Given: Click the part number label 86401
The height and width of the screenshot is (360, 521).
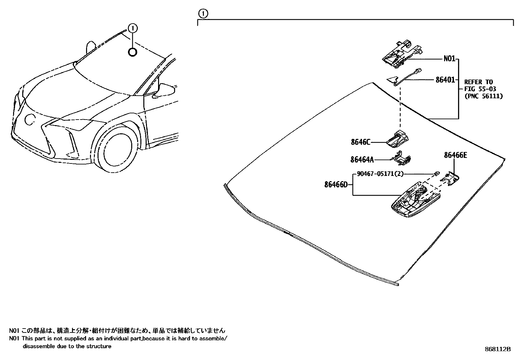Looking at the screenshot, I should [445, 80].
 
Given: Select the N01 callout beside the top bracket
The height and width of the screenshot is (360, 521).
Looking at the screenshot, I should [449, 59].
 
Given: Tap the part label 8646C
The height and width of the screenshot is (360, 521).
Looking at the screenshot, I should [361, 142].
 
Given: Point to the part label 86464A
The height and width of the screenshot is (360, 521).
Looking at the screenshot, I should [362, 160].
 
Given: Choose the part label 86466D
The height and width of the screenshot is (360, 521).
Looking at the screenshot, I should [336, 185].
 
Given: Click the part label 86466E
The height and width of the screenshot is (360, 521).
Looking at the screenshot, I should [455, 155].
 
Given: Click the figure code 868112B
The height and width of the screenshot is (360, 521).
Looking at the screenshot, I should [497, 349].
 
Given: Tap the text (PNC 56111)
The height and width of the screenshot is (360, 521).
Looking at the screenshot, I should [483, 96].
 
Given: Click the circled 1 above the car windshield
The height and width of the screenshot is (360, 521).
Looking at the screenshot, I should [133, 29].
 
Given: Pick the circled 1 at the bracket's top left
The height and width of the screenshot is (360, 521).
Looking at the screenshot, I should [203, 14].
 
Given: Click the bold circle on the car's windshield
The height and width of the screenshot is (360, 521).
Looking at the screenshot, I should [132, 52].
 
